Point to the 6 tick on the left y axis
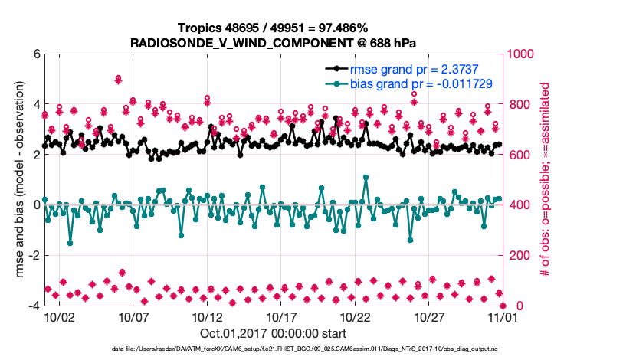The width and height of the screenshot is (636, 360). click(36, 54)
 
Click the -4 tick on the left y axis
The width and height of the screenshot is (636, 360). click(34, 306)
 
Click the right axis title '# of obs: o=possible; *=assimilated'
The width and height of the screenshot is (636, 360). click(546, 180)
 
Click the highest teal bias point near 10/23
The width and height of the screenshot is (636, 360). click(366, 177)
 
